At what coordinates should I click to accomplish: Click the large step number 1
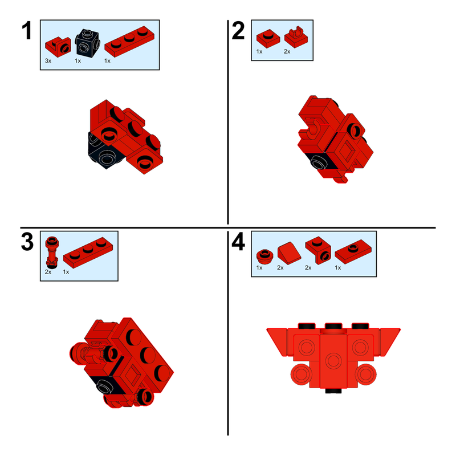27,31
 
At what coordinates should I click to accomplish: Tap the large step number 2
238,31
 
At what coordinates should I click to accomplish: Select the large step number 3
27,242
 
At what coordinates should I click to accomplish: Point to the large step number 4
238,242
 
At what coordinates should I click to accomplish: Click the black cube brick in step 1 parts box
88,42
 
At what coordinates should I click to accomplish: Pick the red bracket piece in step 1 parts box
58,47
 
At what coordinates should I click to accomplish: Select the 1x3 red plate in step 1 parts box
129,41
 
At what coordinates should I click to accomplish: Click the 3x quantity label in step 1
48,61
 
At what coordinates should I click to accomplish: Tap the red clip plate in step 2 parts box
296,37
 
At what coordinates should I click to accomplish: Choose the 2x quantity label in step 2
287,51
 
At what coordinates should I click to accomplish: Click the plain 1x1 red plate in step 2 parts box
268,38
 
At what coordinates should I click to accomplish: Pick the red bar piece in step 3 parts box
52,252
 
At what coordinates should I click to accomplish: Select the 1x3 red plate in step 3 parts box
88,253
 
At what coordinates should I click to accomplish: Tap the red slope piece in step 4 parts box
289,253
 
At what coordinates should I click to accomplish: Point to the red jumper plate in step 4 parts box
353,251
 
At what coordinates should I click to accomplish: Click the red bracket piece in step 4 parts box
318,250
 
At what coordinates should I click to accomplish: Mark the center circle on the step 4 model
333,361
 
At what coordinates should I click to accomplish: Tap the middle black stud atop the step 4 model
333,325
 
